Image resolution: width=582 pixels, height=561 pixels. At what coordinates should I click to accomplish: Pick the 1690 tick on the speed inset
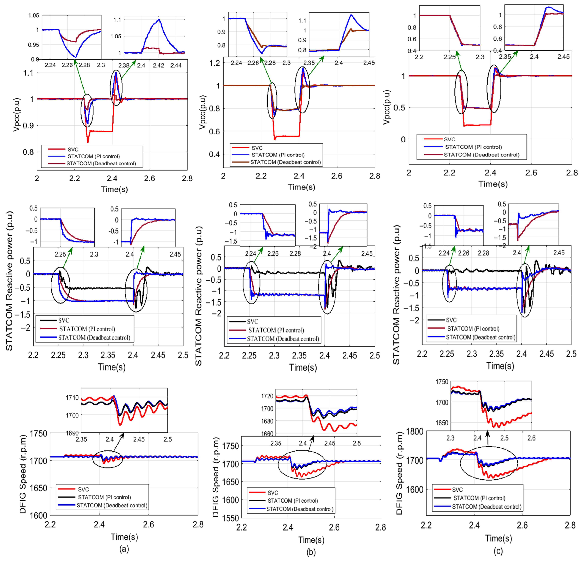(x=72, y=433)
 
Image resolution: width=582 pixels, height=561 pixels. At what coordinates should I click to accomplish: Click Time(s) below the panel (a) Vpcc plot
(x=114, y=189)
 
